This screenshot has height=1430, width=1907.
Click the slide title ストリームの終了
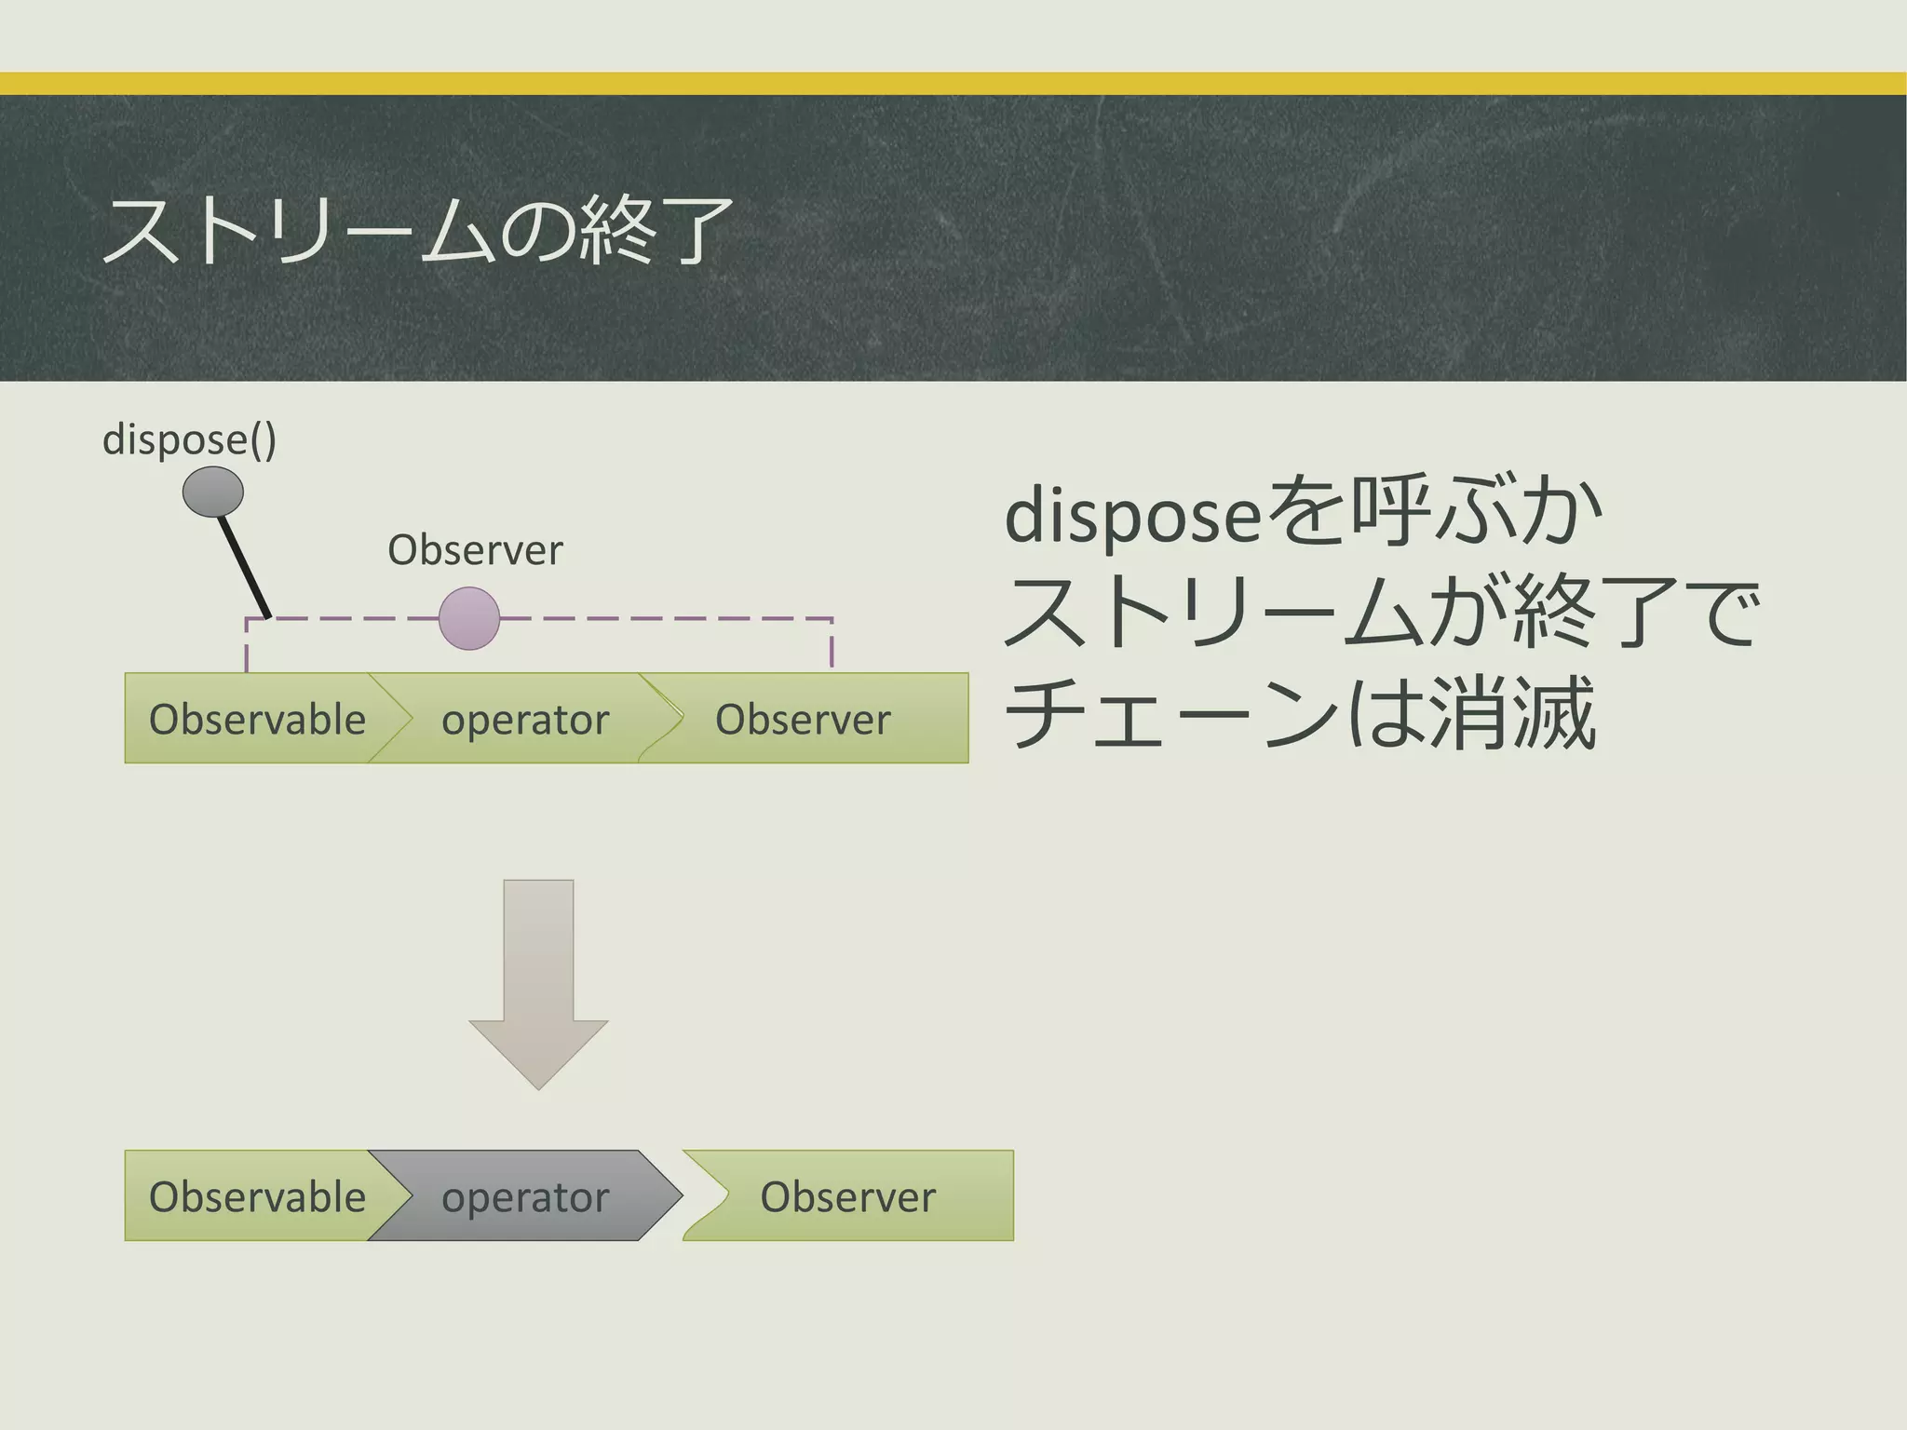click(417, 230)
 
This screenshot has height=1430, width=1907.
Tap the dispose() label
click(189, 439)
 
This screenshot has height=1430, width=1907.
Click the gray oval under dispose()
click(213, 492)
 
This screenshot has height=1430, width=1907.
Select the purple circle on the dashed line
click(469, 618)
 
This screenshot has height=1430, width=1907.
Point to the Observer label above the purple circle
click(475, 550)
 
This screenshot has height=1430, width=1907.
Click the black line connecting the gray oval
click(244, 566)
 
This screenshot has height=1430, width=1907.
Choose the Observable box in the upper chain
click(251, 719)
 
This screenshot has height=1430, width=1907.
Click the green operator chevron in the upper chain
click(525, 719)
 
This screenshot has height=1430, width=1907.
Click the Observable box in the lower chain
click(251, 1196)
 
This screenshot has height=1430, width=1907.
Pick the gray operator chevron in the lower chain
click(525, 1196)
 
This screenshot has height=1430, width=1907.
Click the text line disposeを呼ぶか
click(1304, 514)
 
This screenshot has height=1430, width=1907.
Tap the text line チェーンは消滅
click(1302, 714)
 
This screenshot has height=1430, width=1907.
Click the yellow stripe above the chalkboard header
click(953, 84)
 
